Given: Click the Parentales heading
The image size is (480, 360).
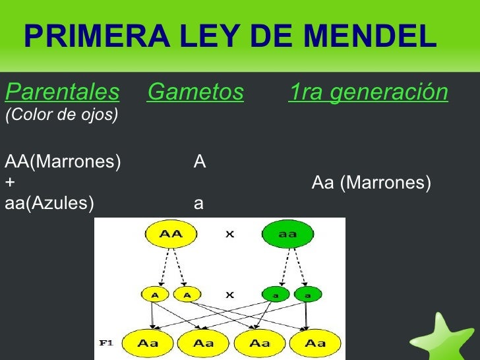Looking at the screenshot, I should coord(62,93).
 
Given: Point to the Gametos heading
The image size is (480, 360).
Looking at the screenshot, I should coord(195,93).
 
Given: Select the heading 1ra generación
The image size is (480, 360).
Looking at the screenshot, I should coord(369,93).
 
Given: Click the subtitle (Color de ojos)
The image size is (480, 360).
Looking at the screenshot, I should coord(61,115).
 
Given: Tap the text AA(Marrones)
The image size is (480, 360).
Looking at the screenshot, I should coord(63,162).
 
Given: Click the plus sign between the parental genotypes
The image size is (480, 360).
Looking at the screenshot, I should coord(9,182).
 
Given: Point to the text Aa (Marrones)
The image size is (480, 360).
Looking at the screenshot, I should coord(371,182).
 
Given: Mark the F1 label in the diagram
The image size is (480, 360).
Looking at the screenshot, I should coord(105,343).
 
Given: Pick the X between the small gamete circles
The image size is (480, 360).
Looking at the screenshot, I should coord(230,296).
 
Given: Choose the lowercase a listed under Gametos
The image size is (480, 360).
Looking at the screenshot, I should coord(198,204).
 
